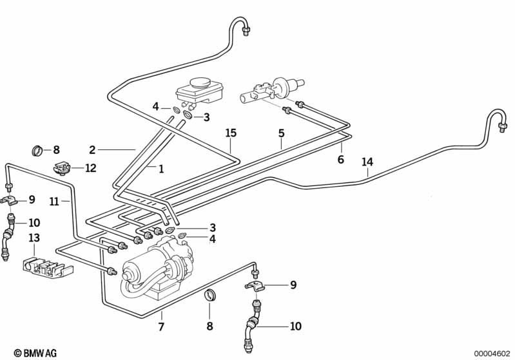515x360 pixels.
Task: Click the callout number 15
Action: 231,133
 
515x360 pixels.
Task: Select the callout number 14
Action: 367,162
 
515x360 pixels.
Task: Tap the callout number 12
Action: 91,168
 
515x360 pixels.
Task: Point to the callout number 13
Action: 34,238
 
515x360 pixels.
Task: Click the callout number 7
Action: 161,327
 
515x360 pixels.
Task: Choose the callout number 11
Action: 54,201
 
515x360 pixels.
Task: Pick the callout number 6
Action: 340,159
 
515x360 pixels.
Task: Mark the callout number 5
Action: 282,133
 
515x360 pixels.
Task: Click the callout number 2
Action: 92,150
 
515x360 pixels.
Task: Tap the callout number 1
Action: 161,169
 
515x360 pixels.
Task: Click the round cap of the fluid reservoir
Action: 200,82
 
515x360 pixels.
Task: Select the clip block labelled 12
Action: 61,167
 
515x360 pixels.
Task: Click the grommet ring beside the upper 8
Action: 37,150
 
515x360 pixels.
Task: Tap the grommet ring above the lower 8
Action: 209,295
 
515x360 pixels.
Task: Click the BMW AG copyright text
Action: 35,353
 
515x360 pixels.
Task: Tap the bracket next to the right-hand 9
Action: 255,286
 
